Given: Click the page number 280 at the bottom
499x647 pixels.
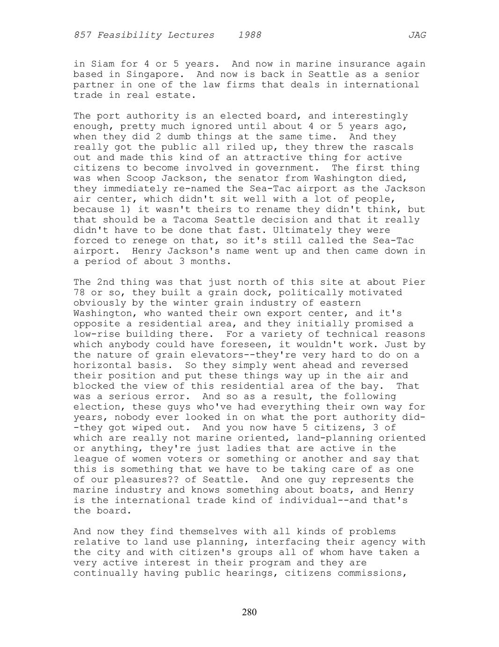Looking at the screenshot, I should [249, 612].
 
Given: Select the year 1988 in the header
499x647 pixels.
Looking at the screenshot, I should [249, 35].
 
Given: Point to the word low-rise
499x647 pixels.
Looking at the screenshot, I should [97, 334].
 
